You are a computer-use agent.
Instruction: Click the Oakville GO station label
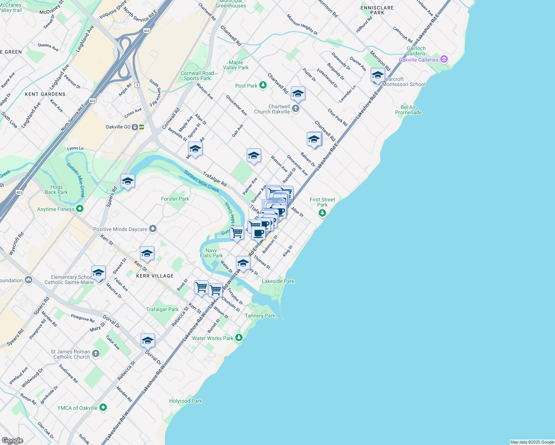(x=118, y=127)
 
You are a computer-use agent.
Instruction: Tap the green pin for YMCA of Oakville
(x=103, y=408)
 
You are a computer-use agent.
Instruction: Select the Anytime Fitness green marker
(x=79, y=209)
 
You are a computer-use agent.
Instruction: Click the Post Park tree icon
(x=263, y=86)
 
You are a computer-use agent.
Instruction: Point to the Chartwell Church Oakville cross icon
(x=295, y=109)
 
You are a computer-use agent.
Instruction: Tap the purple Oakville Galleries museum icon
(x=444, y=60)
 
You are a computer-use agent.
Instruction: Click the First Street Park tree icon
(x=322, y=213)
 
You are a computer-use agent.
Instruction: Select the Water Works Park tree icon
(x=239, y=338)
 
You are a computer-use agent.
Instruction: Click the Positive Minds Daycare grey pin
(x=152, y=229)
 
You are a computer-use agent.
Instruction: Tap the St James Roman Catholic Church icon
(x=96, y=354)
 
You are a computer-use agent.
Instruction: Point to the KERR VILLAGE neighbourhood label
(x=155, y=276)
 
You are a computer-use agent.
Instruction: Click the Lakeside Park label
(x=278, y=281)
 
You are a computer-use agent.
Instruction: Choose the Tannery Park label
(x=260, y=316)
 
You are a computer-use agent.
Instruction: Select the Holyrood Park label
(x=185, y=401)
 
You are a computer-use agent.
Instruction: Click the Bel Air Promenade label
(x=408, y=110)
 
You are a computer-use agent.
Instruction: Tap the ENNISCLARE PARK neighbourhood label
(x=377, y=10)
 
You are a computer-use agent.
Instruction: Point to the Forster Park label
(x=175, y=199)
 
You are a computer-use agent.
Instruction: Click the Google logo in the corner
(x=12, y=441)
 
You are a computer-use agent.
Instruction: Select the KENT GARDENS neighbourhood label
(x=45, y=94)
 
